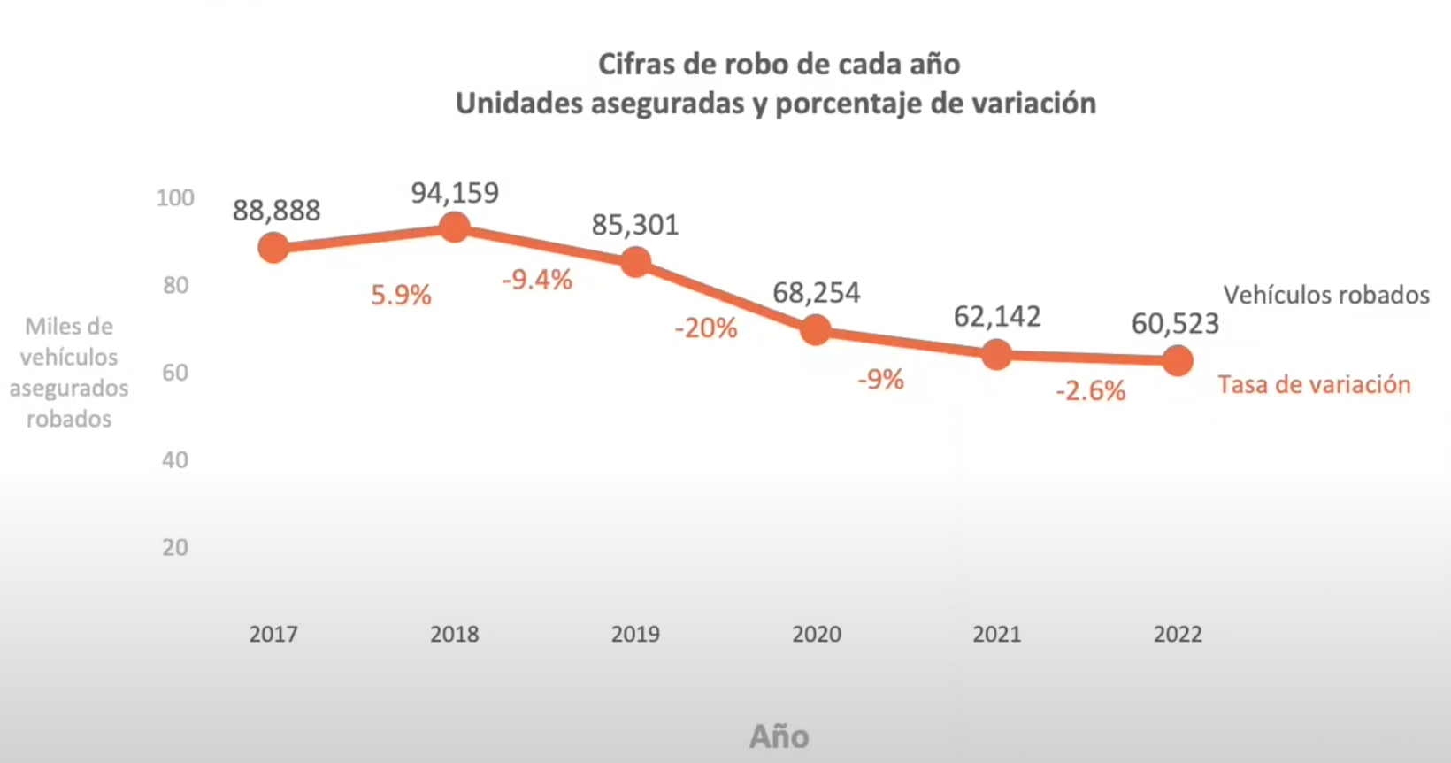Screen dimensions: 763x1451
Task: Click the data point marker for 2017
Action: [x=273, y=248]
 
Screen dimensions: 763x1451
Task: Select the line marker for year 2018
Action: [x=454, y=227]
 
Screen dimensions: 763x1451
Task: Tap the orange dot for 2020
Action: [x=815, y=330]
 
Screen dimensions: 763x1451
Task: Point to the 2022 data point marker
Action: [x=1178, y=360]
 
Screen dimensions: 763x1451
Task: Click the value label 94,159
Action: [x=455, y=193]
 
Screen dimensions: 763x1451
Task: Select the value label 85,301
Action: [x=635, y=225]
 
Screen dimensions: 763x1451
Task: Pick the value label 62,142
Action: [x=997, y=316]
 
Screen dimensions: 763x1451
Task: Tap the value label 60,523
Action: [x=1175, y=324]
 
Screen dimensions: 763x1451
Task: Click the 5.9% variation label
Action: [x=401, y=295]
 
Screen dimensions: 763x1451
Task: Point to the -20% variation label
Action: [x=705, y=328]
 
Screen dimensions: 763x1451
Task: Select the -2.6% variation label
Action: [x=1090, y=390]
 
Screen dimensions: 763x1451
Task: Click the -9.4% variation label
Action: [x=537, y=281]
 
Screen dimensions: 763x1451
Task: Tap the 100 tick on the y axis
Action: [x=175, y=197]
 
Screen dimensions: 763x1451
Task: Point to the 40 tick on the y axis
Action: [x=175, y=460]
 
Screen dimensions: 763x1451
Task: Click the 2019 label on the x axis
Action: [x=635, y=634]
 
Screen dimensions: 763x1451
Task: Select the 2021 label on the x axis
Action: [x=997, y=634]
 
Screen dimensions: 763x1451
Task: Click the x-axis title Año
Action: [x=779, y=736]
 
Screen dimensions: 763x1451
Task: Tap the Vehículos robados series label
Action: [x=1326, y=295]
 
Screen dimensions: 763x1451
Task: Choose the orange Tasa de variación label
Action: [x=1314, y=384]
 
